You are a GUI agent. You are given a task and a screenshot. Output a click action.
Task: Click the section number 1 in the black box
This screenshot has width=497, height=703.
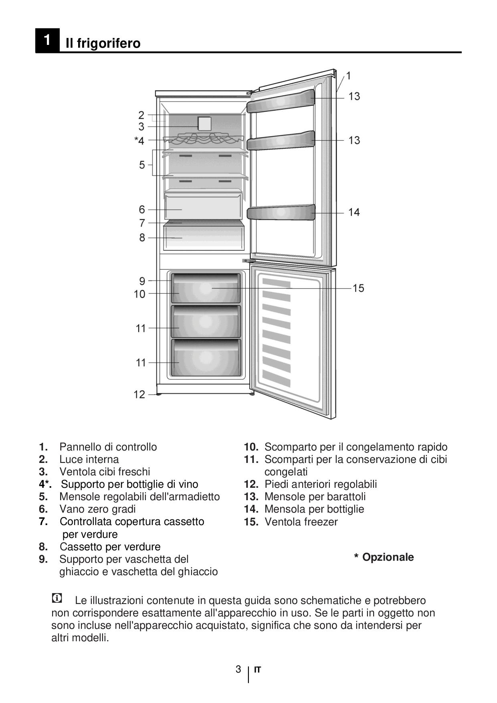pos(47,40)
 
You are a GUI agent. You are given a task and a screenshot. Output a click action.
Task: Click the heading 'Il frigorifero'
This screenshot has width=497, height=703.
pos(103,43)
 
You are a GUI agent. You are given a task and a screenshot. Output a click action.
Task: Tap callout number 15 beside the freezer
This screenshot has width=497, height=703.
pos(358,288)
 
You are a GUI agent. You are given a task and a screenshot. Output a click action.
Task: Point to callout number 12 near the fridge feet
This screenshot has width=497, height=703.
pos(139,394)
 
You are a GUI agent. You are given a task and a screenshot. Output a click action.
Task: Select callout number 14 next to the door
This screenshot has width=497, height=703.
pos(354,212)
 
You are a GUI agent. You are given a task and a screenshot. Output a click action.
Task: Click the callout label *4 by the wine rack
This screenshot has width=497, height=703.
pos(139,140)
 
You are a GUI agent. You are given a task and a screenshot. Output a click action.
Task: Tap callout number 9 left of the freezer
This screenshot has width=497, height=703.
pos(142,281)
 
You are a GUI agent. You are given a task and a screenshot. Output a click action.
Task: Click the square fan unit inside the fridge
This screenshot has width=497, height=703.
pos(204,123)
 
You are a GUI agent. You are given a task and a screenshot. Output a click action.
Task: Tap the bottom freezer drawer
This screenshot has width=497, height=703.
pos(206,358)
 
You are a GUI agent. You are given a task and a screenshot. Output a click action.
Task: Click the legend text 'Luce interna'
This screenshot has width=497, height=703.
pos(89,459)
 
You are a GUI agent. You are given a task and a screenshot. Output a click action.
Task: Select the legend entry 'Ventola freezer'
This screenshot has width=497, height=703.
pos(301,522)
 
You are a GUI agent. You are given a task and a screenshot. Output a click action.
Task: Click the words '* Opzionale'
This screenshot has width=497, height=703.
pos(384,557)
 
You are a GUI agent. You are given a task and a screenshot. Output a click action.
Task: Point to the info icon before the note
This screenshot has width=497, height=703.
pos(57,598)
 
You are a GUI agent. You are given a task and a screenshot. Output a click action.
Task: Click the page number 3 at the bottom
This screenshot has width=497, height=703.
pos(238,669)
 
